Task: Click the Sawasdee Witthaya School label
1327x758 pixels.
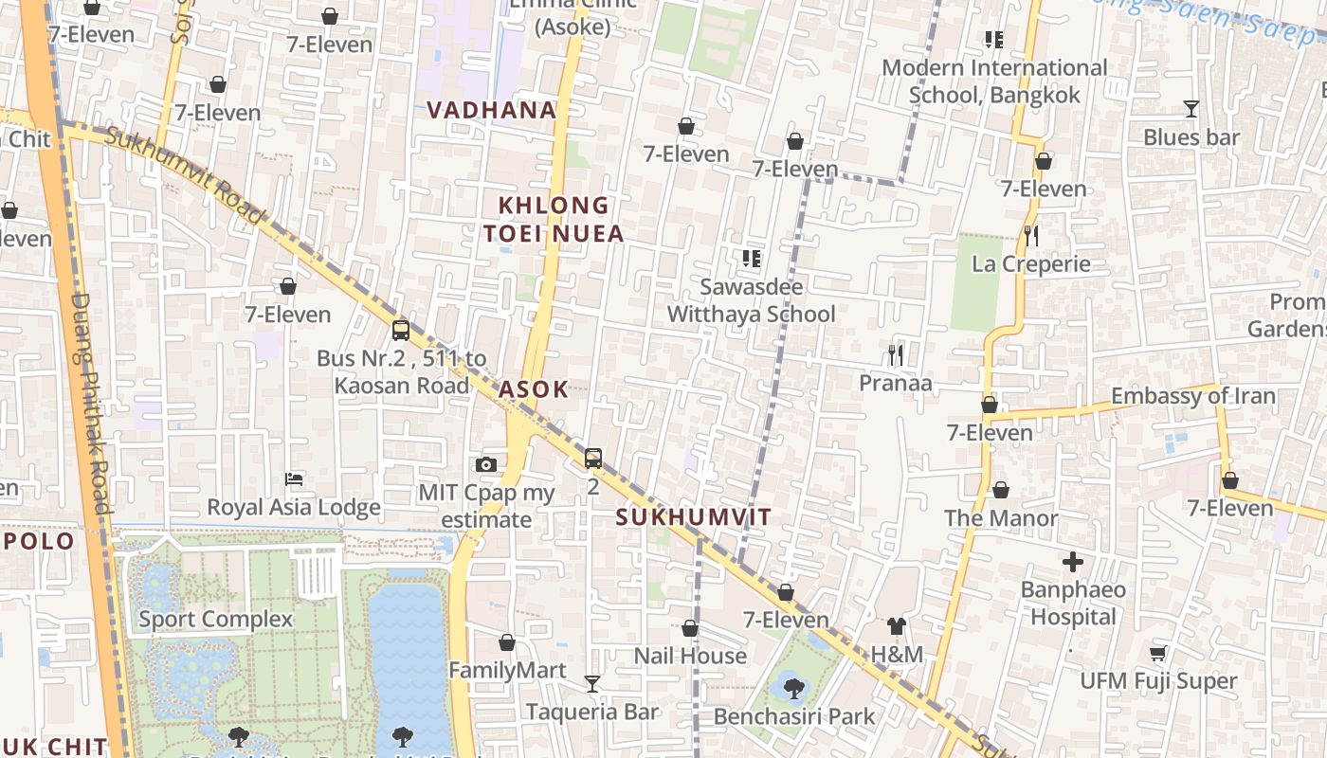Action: point(752,300)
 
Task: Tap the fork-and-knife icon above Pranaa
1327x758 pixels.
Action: point(895,355)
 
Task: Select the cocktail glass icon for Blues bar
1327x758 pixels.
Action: point(1191,109)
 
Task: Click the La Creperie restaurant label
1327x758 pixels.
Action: point(1031,264)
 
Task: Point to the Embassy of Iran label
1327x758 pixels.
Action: point(1193,396)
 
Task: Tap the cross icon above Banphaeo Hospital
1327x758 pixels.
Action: point(1073,563)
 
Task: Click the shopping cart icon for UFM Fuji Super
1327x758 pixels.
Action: point(1157,654)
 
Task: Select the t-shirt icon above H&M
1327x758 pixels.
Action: point(897,625)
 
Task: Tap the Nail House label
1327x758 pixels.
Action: point(690,656)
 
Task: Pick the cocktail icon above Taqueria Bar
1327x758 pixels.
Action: point(592,683)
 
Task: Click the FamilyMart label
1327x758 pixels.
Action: point(507,671)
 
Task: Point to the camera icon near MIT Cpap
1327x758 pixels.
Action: point(486,464)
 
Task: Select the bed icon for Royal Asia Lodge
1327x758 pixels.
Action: point(294,479)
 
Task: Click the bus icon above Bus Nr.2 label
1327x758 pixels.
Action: point(401,331)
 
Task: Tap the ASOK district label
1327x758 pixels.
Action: point(534,389)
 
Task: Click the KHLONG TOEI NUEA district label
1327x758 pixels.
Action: point(554,220)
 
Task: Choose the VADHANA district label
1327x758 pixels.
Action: point(491,110)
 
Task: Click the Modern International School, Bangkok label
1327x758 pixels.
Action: point(994,81)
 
